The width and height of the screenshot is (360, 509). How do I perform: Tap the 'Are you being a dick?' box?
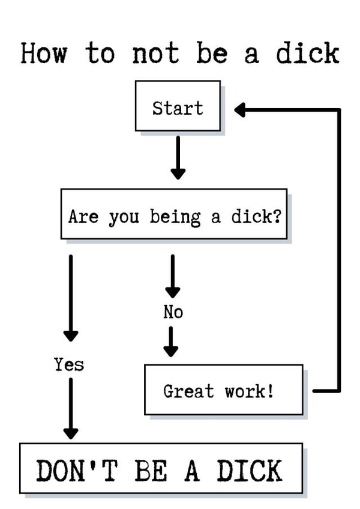[x=174, y=215]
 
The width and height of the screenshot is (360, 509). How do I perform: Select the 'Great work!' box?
[x=223, y=391]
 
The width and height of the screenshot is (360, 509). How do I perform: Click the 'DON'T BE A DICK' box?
[x=161, y=469]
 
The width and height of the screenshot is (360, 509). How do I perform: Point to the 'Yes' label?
[x=69, y=364]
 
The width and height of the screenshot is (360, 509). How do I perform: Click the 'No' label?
[x=173, y=312]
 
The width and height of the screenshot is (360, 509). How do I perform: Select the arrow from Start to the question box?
[x=178, y=157]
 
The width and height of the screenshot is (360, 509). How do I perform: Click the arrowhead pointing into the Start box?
[x=241, y=110]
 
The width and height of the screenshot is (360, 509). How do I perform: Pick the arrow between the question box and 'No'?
[x=173, y=276]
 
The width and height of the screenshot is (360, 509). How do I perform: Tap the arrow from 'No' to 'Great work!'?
[x=172, y=341]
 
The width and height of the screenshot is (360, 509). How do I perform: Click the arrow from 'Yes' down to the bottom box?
[x=71, y=408]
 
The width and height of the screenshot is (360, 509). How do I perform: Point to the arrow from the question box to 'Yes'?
[x=71, y=298]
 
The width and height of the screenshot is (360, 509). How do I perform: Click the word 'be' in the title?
[x=212, y=53]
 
